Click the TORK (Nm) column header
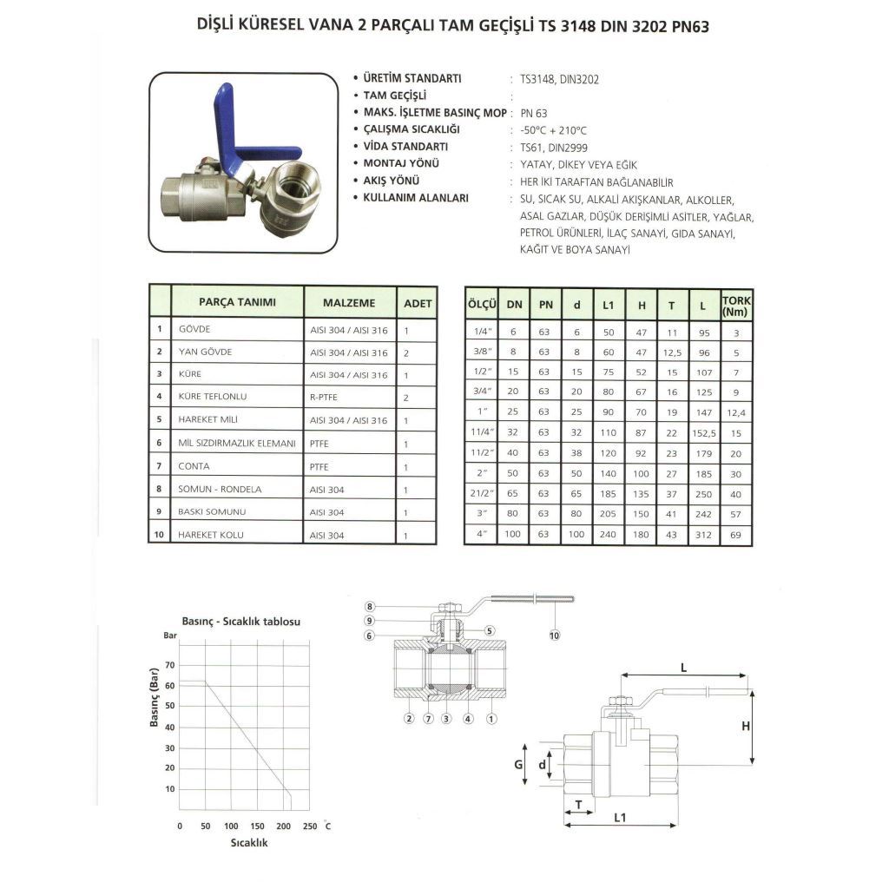tap(736, 305)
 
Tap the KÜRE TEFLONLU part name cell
tap(213, 397)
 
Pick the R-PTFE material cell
tap(325, 397)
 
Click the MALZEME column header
tap(349, 303)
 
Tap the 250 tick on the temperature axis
tap(310, 826)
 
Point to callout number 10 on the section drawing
tap(555, 635)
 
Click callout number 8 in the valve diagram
tap(370, 606)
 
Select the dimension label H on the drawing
tap(745, 727)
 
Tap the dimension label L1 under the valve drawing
tap(621, 818)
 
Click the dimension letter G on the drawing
tap(517, 765)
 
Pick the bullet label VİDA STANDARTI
tap(405, 147)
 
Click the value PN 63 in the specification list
tap(534, 113)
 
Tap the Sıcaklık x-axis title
tap(249, 843)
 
